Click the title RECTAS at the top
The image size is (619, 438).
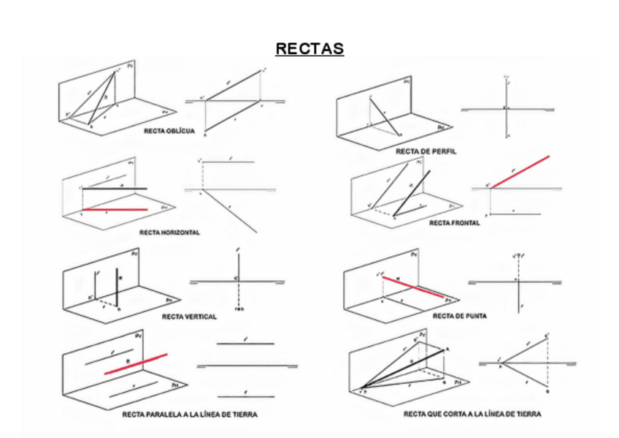pyautogui.click(x=309, y=49)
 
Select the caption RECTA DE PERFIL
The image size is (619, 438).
pyautogui.click(x=426, y=151)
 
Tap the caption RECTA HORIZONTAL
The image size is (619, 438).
pyautogui.click(x=169, y=232)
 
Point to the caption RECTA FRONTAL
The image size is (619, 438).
pyautogui.click(x=454, y=223)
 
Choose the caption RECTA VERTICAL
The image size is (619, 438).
pyautogui.click(x=189, y=317)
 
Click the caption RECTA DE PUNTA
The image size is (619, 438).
pyautogui.click(x=460, y=316)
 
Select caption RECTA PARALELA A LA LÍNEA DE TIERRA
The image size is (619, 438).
pyautogui.click(x=190, y=415)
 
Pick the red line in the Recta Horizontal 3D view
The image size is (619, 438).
pyautogui.click(x=114, y=210)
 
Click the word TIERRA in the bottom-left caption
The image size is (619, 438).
pyautogui.click(x=245, y=415)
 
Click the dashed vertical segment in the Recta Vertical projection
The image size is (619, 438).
pyautogui.click(x=239, y=295)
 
